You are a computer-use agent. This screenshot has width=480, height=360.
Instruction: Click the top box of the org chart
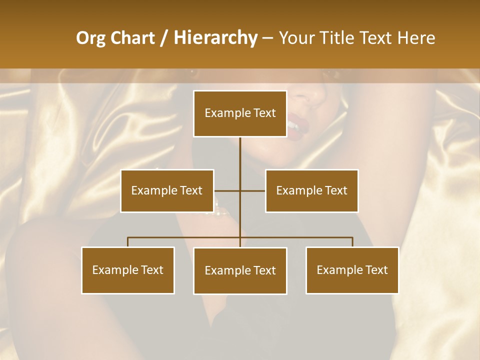point(240,113)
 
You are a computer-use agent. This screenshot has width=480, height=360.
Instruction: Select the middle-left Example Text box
point(167,190)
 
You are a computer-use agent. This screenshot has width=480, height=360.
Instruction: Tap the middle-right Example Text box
point(311,190)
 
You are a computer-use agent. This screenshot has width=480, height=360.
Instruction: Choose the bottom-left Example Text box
point(128,270)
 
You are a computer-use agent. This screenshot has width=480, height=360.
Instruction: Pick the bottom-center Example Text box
point(240,270)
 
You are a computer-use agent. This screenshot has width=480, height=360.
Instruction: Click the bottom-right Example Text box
point(352,270)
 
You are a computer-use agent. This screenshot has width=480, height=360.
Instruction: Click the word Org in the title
point(90,38)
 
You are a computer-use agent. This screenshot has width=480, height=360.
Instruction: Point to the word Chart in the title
point(132,38)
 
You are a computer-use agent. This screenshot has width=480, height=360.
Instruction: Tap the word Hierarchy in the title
point(215,38)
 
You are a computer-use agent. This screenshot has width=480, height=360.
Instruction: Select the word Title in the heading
point(337,38)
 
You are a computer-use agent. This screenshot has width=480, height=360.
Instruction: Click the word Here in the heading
point(416,38)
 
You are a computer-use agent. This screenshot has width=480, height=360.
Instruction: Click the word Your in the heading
point(297,38)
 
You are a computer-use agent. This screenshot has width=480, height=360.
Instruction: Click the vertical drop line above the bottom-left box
point(128,242)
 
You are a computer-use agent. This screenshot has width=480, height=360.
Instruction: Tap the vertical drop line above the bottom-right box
point(352,242)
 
